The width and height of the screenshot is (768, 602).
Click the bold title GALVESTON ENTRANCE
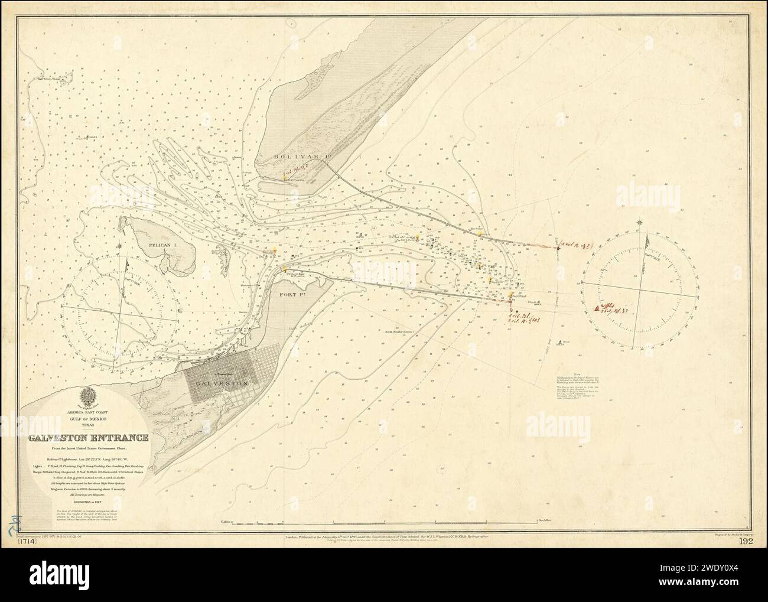coord(87,438)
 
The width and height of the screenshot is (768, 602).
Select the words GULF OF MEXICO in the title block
coord(87,417)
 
